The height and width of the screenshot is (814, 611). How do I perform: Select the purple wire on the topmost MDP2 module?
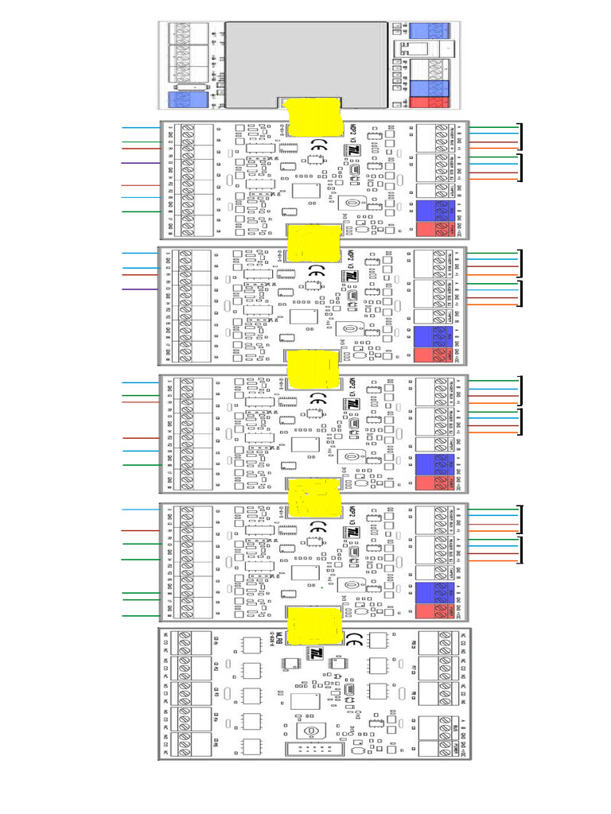(x=140, y=163)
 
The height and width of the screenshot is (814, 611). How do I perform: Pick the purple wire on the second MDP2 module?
(x=140, y=289)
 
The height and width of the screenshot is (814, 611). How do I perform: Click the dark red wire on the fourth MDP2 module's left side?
(x=140, y=530)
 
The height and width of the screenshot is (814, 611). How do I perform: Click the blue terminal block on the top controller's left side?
(x=188, y=100)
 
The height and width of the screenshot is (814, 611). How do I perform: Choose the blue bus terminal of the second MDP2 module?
(x=434, y=336)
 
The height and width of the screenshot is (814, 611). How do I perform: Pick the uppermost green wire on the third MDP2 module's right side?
(x=493, y=380)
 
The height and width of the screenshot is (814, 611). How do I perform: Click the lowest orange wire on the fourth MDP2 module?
(x=493, y=561)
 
